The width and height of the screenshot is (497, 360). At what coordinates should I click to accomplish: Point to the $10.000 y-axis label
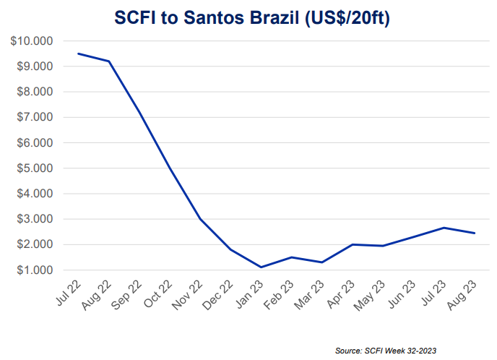point(33,41)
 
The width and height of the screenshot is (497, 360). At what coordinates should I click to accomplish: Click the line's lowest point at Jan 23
point(261,267)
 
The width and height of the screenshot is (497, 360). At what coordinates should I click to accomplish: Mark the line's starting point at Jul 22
point(78,53)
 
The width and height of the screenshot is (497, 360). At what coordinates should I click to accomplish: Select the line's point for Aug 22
point(109,61)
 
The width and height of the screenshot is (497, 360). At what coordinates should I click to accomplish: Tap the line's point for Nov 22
point(200,219)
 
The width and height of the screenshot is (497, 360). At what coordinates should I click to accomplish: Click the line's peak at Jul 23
point(443,228)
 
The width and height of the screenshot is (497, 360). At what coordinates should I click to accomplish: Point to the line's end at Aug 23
point(474,233)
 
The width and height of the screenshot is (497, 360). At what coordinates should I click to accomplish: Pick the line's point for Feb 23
point(291,257)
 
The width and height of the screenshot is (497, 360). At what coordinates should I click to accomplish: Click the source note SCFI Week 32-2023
point(386,351)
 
